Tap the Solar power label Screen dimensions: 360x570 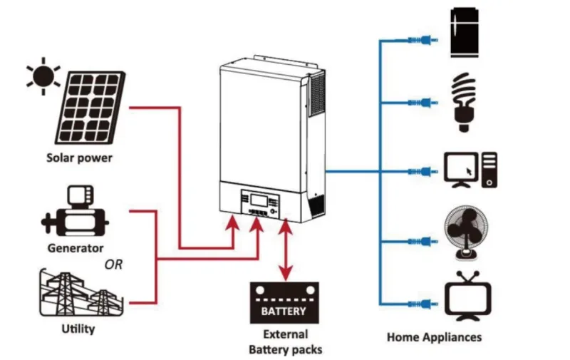tap(79, 158)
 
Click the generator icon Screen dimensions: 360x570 tap(75, 213)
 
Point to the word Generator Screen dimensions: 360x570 tap(76, 249)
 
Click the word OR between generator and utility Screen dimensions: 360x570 tap(113, 264)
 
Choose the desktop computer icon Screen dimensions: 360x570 tap(470, 170)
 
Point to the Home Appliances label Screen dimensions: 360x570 tap(434, 337)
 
